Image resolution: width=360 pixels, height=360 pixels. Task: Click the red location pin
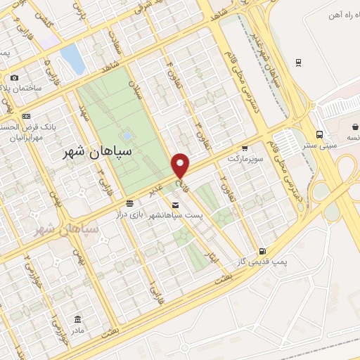[181, 165]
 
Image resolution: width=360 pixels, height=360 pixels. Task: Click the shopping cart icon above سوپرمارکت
[244, 148]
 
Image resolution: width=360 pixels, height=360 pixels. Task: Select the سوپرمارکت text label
[244, 158]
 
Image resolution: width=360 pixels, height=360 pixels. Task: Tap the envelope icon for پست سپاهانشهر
[175, 205]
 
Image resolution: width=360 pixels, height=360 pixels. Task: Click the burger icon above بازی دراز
[129, 202]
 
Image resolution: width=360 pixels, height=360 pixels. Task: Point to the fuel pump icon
[262, 250]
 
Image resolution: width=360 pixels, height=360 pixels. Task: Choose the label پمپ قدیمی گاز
[262, 262]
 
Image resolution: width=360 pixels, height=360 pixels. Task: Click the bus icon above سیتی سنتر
[319, 134]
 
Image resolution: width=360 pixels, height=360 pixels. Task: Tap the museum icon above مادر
[76, 318]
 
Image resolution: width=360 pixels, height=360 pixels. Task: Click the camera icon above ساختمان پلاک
[15, 77]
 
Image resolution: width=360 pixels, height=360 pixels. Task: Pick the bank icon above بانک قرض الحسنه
[27, 116]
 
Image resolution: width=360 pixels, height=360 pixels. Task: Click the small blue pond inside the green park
[127, 134]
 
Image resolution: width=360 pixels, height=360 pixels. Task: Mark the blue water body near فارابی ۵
[72, 59]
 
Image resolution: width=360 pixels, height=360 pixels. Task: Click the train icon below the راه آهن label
[300, 63]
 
